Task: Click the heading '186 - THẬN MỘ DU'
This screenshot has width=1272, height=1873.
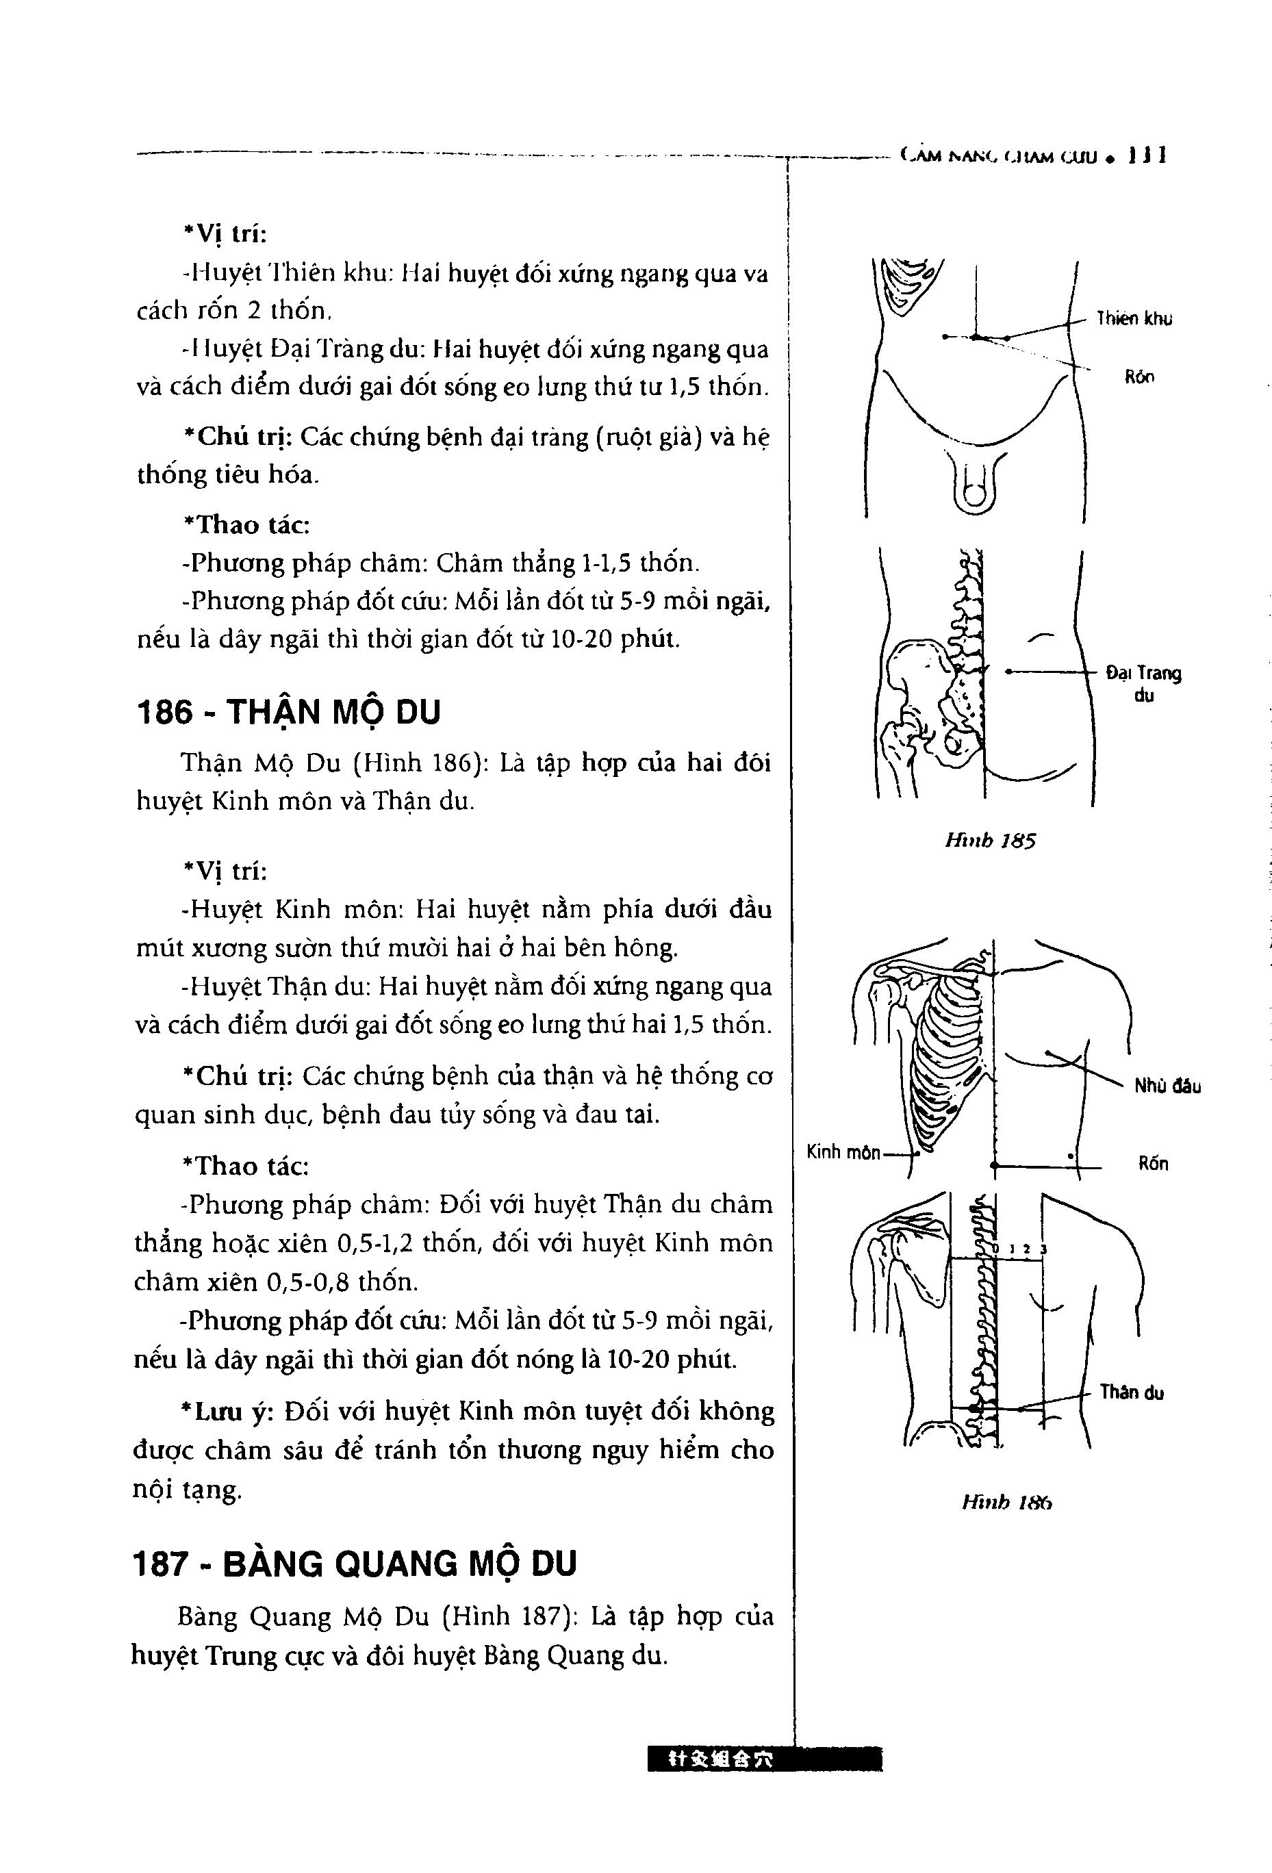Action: click(x=290, y=713)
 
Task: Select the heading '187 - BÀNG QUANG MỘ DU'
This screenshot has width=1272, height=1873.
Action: click(x=355, y=1564)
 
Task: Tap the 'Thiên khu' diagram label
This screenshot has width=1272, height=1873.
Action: click(x=1133, y=319)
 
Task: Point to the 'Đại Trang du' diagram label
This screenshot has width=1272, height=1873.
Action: click(x=1143, y=683)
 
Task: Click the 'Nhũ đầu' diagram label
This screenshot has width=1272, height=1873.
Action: click(x=1167, y=1086)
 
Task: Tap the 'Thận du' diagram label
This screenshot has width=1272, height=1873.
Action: click(x=1131, y=1392)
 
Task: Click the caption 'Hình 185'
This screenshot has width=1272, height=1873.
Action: click(x=989, y=841)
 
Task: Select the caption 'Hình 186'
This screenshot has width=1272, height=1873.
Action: click(x=1007, y=1502)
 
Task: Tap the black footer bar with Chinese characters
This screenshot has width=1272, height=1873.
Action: click(x=763, y=1782)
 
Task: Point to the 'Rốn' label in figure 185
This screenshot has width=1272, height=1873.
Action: click(x=1139, y=377)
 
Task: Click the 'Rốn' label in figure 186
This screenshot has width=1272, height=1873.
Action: click(x=1153, y=1164)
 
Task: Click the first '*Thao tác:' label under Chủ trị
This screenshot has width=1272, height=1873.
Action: click(x=246, y=524)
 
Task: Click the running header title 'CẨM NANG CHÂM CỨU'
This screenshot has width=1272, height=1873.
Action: click(x=1000, y=156)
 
